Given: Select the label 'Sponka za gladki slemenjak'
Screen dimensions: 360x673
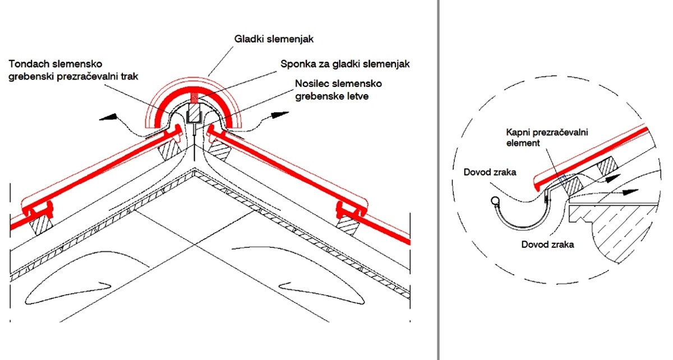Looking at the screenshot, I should pyautogui.click(x=345, y=64).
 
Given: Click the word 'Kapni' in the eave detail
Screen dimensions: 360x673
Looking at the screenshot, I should pyautogui.click(x=514, y=133).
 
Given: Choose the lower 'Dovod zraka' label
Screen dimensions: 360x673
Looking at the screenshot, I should pyautogui.click(x=547, y=244).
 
